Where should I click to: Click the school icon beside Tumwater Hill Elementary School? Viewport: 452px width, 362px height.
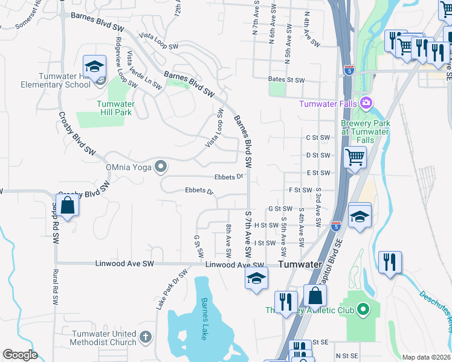[95, 66]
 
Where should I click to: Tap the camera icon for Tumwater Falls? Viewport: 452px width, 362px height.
[365, 103]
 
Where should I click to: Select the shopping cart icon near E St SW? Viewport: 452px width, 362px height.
[355, 159]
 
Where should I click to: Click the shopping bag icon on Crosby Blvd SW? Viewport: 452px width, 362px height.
[69, 206]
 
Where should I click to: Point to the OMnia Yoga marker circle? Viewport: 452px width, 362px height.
[160, 165]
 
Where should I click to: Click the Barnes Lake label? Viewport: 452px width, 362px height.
[205, 319]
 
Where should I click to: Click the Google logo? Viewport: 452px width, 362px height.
[20, 355]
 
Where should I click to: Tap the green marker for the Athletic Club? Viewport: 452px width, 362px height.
[363, 310]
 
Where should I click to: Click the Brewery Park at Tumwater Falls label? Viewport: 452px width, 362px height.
[365, 132]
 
